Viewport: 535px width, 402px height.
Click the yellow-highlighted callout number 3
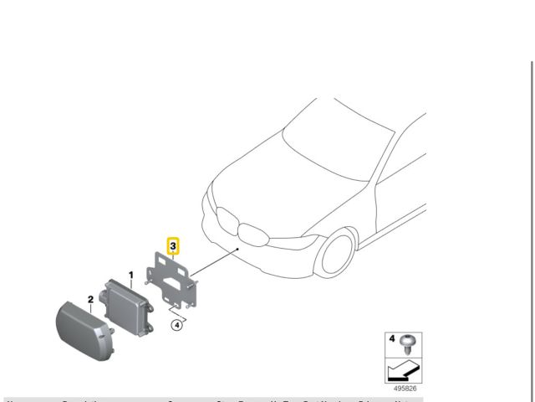point(173,246)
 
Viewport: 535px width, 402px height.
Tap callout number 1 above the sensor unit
point(130,274)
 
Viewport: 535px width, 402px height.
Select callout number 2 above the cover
point(90,298)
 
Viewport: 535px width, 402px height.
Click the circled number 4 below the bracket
point(177,326)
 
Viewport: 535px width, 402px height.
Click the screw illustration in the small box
point(409,342)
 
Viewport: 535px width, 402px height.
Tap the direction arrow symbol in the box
point(401,369)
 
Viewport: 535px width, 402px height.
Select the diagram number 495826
point(405,389)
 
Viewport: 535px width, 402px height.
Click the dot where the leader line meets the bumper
point(239,249)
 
